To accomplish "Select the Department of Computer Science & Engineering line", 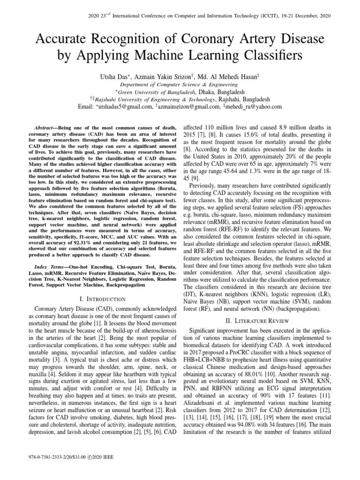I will pyautogui.click(x=180, y=84).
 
